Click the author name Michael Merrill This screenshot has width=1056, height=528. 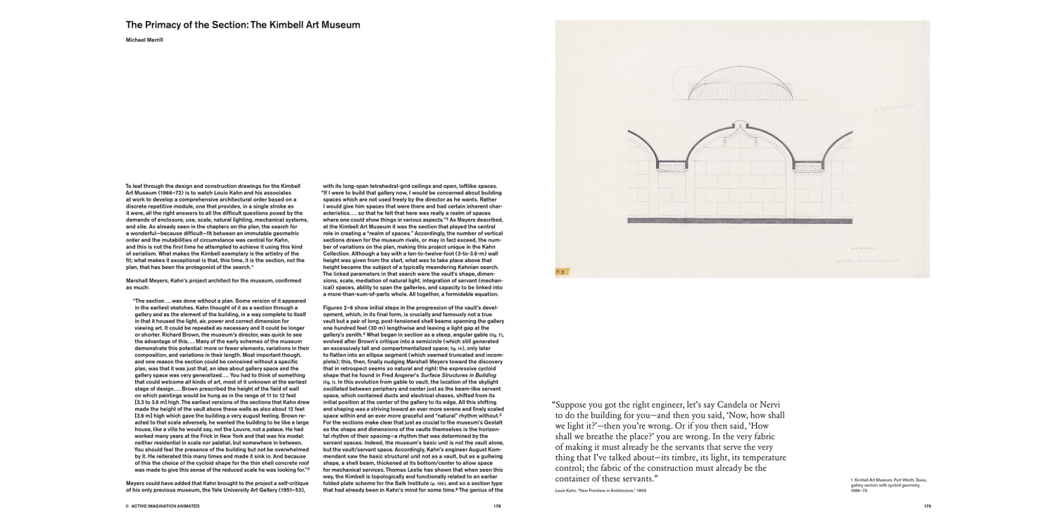click(145, 40)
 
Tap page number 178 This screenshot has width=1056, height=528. click(497, 505)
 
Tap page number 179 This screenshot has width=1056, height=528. click(928, 505)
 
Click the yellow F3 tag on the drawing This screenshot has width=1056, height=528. click(562, 271)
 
